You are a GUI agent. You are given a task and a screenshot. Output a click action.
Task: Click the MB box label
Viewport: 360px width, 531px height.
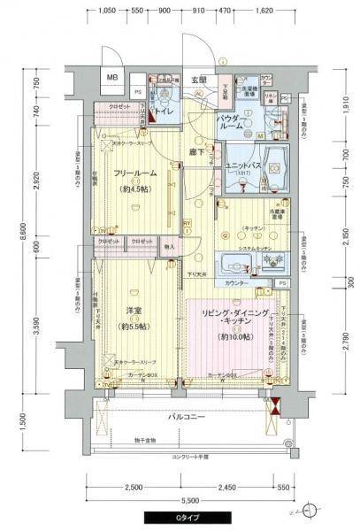[x=112, y=78]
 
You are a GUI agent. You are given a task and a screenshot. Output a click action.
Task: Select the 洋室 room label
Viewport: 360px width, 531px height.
[x=134, y=310]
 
